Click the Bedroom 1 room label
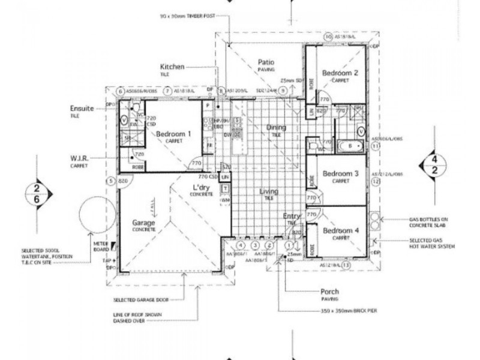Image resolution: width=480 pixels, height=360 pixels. (173, 134)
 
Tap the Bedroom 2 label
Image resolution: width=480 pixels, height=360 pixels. (340, 73)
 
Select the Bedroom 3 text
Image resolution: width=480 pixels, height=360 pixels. (340, 174)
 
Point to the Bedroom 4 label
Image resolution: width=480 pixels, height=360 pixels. (340, 230)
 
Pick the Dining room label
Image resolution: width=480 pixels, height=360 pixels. (277, 128)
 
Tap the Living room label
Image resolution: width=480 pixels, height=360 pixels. (269, 192)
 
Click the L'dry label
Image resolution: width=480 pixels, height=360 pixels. (196, 188)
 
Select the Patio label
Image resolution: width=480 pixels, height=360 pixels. (266, 62)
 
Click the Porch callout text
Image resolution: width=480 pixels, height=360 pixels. (329, 292)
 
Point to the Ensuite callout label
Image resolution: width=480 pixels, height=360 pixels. (82, 109)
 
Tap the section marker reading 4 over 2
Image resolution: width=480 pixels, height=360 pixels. (434, 164)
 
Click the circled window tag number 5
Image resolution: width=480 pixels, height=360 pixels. (110, 181)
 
